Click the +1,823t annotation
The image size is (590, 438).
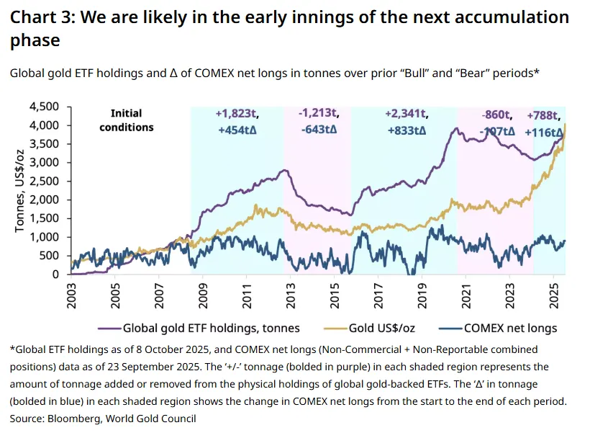click(x=238, y=114)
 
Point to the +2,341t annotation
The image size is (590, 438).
click(x=407, y=114)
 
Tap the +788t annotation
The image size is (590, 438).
click(x=545, y=116)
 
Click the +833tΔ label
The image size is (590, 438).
click(x=407, y=131)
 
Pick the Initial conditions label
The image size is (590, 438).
click(x=127, y=120)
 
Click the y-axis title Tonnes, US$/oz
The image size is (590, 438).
click(x=22, y=190)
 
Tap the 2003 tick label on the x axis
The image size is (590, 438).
click(x=71, y=295)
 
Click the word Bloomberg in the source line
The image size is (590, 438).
click(x=68, y=418)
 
